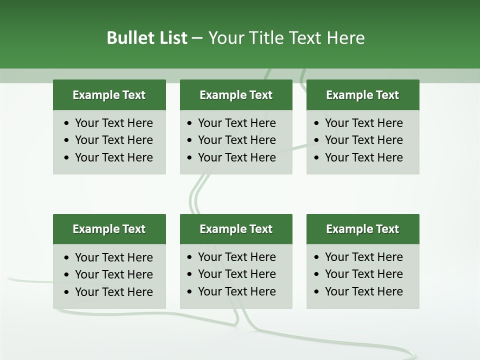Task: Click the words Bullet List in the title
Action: pyautogui.click(x=147, y=38)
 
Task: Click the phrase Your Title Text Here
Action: pyautogui.click(x=286, y=38)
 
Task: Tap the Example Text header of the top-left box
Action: pyautogui.click(x=109, y=95)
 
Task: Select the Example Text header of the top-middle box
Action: pyautogui.click(x=236, y=95)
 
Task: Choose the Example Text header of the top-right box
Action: pyautogui.click(x=362, y=95)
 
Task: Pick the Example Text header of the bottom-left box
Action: pyautogui.click(x=109, y=229)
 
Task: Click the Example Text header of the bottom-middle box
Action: pyautogui.click(x=236, y=229)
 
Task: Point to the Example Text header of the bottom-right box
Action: pyautogui.click(x=362, y=229)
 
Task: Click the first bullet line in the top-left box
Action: pyautogui.click(x=113, y=123)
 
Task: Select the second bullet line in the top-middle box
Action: pyautogui.click(x=236, y=140)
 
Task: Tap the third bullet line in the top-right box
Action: pyautogui.click(x=363, y=157)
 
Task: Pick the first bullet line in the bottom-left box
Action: pyautogui.click(x=113, y=257)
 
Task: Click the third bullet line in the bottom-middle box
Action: pyautogui.click(x=236, y=291)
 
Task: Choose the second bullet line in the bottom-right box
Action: pyautogui.click(x=363, y=274)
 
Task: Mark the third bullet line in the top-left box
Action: pyautogui.click(x=113, y=157)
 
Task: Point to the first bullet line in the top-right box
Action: pyautogui.click(x=363, y=123)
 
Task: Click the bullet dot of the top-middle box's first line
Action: pyautogui.click(x=189, y=123)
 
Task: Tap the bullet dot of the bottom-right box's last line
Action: pyautogui.click(x=316, y=292)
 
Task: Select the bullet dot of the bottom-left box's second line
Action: pyautogui.click(x=66, y=275)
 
